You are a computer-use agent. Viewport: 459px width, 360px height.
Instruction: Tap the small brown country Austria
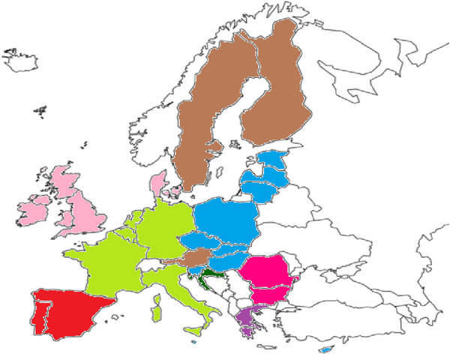[x=196, y=258]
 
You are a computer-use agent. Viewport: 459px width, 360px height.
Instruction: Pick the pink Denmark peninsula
[x=158, y=184]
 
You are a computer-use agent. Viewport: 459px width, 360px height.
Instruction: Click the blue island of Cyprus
[x=325, y=349]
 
